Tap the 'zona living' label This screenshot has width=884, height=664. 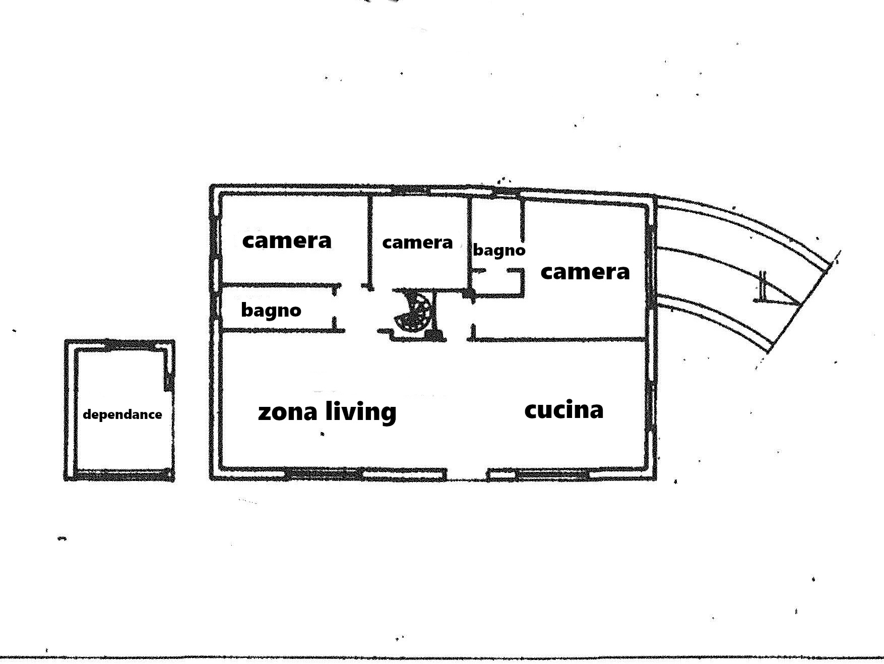point(327,411)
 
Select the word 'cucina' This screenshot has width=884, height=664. point(563,409)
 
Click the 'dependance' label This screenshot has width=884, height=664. point(122,414)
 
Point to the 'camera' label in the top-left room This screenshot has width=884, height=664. point(287,240)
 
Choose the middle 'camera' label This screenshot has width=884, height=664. point(417,243)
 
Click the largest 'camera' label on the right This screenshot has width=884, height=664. point(585,272)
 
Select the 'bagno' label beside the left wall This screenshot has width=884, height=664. point(271,310)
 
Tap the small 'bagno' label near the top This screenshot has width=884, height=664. point(499,250)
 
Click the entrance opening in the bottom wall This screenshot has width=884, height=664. point(467,475)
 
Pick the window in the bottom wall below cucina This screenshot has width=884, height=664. point(552,474)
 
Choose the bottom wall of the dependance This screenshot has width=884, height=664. point(121,475)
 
